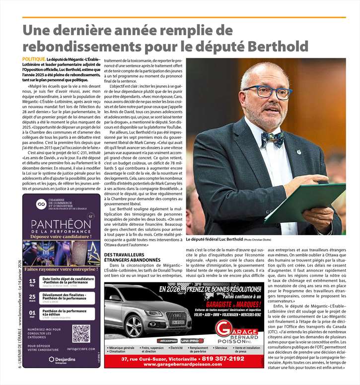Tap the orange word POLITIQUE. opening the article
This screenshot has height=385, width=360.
(34, 59)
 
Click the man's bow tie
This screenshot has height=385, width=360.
(272, 138)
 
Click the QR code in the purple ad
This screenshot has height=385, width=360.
(81, 334)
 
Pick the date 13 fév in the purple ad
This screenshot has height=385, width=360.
(32, 282)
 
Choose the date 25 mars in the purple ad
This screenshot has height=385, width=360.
(32, 298)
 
